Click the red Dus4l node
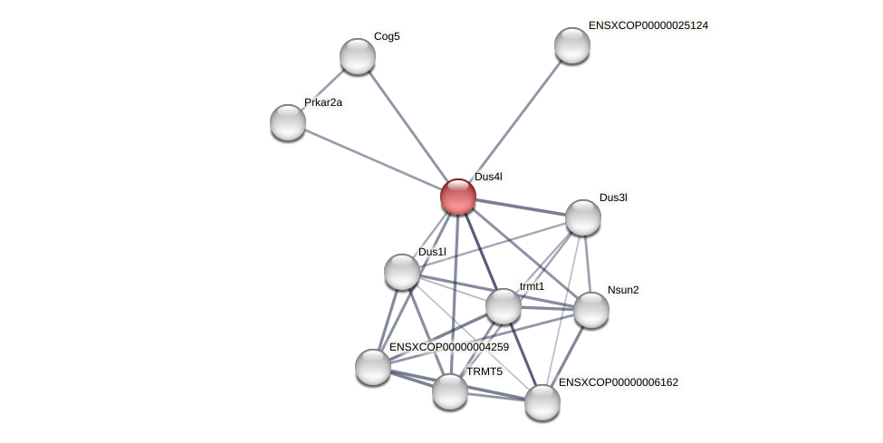click(x=458, y=197)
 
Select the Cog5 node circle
click(x=358, y=56)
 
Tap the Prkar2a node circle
click(x=288, y=122)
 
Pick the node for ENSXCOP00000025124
click(x=572, y=45)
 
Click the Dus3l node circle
click(x=583, y=217)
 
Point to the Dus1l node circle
click(x=402, y=272)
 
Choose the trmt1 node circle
click(x=504, y=306)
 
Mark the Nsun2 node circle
click(x=591, y=310)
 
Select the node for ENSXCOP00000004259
click(x=373, y=367)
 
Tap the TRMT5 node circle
click(x=450, y=391)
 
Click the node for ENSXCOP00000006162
click(x=542, y=402)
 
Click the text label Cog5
click(x=387, y=36)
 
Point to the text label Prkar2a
click(x=323, y=102)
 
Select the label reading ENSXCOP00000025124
click(x=648, y=25)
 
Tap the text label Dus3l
click(x=613, y=197)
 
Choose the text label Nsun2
click(x=623, y=290)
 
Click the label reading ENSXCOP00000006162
click(x=619, y=382)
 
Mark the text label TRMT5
click(x=485, y=371)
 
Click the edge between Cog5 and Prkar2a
click(x=323, y=89)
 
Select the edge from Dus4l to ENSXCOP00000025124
click(x=515, y=120)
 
